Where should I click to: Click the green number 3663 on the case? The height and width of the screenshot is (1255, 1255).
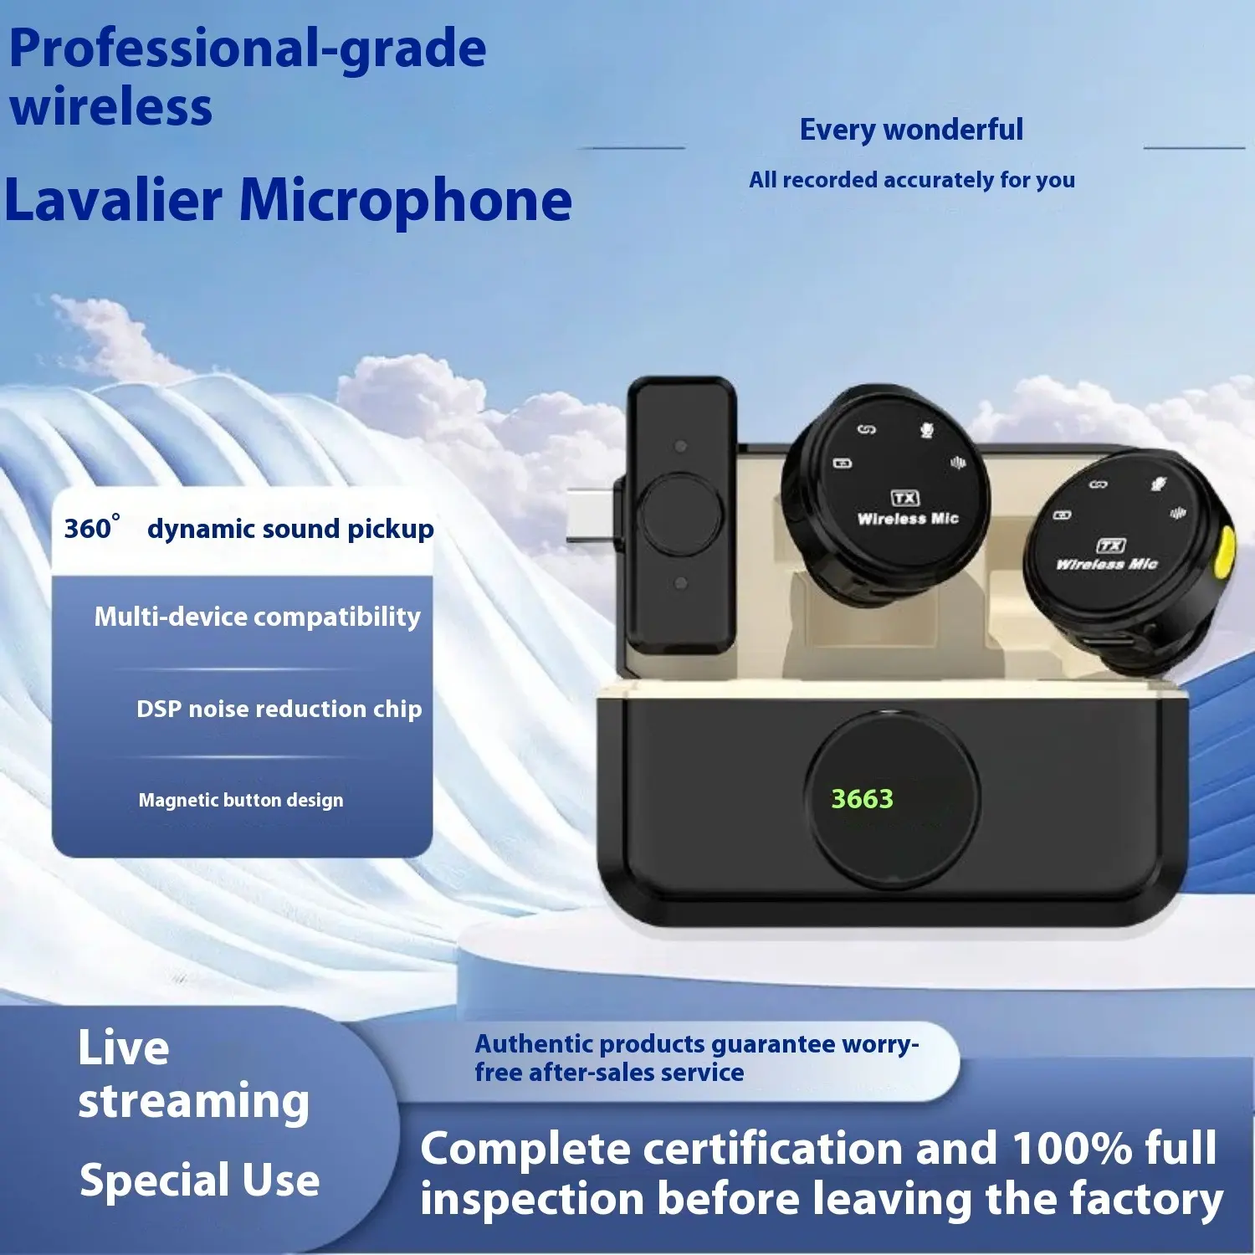click(x=862, y=799)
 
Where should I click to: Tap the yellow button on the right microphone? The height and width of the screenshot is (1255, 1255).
click(x=1225, y=552)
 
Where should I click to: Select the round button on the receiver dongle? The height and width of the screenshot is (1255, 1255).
click(x=681, y=514)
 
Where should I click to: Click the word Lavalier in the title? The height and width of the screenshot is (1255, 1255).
click(x=114, y=200)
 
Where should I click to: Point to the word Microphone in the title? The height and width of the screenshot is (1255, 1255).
click(x=406, y=202)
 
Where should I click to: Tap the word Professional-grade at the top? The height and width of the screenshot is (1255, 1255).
click(x=248, y=49)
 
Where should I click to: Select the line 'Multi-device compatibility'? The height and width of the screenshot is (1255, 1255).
click(x=258, y=617)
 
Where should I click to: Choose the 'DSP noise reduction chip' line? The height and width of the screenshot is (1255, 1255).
click(x=279, y=709)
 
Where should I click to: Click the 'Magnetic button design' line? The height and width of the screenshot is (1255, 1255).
click(x=241, y=800)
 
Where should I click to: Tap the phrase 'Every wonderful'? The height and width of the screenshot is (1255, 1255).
click(x=911, y=130)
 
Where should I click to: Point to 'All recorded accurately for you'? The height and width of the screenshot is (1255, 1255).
click(x=912, y=180)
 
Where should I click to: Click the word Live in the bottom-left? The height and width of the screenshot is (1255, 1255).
click(x=124, y=1048)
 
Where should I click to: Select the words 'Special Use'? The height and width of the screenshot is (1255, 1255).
click(x=200, y=1180)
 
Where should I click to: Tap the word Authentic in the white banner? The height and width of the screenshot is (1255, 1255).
click(x=534, y=1043)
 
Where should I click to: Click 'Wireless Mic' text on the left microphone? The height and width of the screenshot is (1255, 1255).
click(x=908, y=519)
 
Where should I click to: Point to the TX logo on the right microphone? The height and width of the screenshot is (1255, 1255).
click(x=1111, y=546)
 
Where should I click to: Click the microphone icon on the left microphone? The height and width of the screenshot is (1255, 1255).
click(x=927, y=430)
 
